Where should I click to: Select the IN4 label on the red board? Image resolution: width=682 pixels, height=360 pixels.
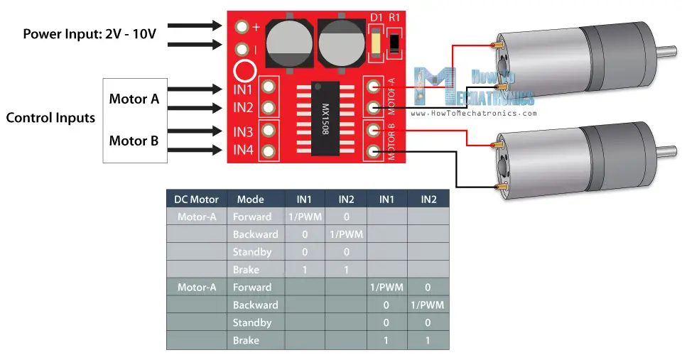point(243,151)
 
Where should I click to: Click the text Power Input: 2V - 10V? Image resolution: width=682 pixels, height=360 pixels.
point(90,33)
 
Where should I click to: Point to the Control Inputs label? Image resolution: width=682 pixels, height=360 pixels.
point(50,118)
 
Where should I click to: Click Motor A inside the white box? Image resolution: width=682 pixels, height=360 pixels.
point(134,99)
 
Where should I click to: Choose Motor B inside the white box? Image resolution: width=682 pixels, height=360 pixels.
point(134,141)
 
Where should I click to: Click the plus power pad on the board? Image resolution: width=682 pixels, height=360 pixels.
point(242,27)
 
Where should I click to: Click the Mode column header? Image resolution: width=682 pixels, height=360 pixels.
point(251,200)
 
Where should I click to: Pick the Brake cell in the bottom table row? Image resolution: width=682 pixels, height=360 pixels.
point(246,340)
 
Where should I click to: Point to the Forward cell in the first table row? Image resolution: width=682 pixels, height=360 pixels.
point(252,217)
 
